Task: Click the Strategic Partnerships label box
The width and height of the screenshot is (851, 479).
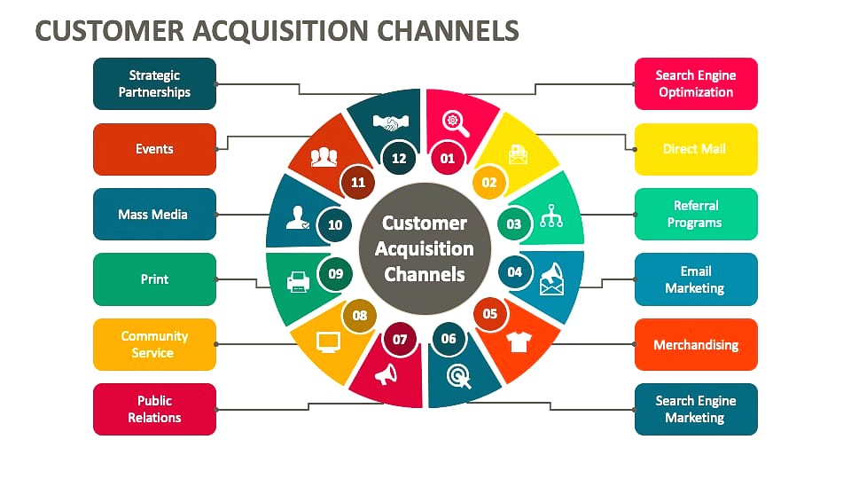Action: coord(154,83)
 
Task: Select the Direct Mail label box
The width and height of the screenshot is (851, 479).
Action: coord(696,149)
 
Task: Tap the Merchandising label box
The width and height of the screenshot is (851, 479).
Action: coord(696,344)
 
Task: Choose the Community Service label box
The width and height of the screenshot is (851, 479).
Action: coord(154,344)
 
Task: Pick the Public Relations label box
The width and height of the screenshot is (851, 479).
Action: coord(154,409)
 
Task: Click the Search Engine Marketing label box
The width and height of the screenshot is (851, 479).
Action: coord(696,409)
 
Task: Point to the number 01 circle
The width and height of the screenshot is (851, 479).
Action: coord(447,158)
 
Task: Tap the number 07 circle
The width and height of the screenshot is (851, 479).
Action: coord(400,340)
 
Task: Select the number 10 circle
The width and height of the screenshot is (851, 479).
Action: coord(335,224)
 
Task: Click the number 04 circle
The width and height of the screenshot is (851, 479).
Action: coord(514,271)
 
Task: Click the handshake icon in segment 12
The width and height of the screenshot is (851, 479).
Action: coord(391,122)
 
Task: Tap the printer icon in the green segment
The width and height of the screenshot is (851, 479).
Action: coord(298,282)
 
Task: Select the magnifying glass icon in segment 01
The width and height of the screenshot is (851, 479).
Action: coord(456,123)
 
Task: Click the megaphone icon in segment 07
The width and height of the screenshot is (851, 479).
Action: coord(386,374)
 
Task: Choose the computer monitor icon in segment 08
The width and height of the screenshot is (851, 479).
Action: coord(328,342)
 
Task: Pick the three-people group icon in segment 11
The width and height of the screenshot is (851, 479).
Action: coord(324,157)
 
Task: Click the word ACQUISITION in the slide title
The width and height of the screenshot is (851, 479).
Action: coord(281,30)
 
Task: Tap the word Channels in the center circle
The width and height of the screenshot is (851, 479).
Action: coord(425,274)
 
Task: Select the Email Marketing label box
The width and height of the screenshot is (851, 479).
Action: coord(696,279)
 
